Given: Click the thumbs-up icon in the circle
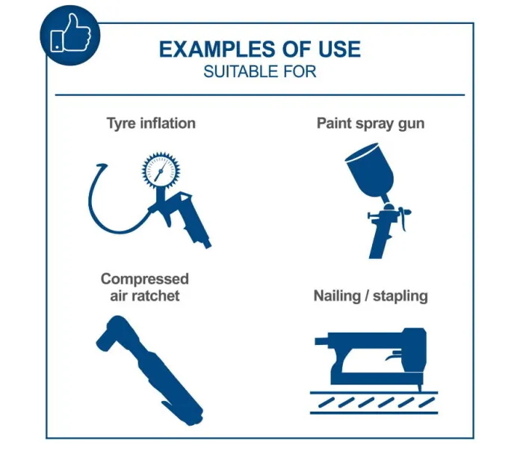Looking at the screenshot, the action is (x=70, y=33).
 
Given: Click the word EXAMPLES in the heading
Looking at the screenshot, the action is (x=217, y=49).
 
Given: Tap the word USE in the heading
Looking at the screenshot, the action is (x=339, y=49).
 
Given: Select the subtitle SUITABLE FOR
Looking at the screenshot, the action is (x=260, y=72).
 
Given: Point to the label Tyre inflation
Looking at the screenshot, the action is (x=151, y=123).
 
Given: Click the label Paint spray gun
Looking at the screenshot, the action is (x=371, y=123).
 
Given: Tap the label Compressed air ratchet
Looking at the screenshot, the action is (x=145, y=287).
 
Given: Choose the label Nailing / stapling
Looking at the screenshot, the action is (x=371, y=296).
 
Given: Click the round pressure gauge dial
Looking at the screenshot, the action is (x=161, y=171).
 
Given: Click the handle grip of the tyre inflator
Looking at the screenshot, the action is (x=197, y=227).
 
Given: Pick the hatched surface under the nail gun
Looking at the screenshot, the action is (x=374, y=403).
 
